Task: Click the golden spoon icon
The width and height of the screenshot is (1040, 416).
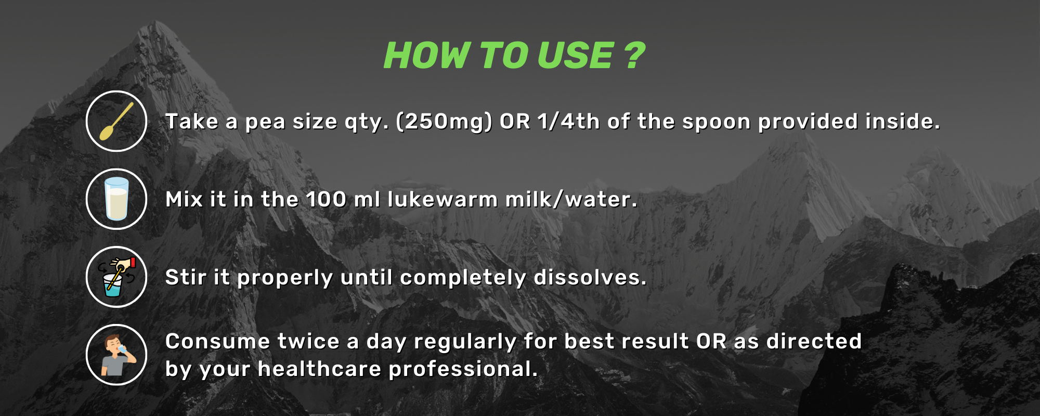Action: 116,121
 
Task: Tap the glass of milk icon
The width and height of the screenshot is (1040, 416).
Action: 116,199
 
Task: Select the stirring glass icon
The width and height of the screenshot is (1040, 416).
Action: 116,277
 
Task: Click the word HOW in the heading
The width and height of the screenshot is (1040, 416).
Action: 427,56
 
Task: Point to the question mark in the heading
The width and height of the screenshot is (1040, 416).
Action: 634,55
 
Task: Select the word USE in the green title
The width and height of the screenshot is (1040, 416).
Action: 575,56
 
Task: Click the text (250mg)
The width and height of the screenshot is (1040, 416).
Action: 444,122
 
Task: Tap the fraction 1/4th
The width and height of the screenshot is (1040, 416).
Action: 569,121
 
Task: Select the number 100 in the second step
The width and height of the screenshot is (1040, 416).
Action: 326,200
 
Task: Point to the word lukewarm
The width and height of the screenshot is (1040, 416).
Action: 443,199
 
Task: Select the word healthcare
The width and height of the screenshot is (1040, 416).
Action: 320,369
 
